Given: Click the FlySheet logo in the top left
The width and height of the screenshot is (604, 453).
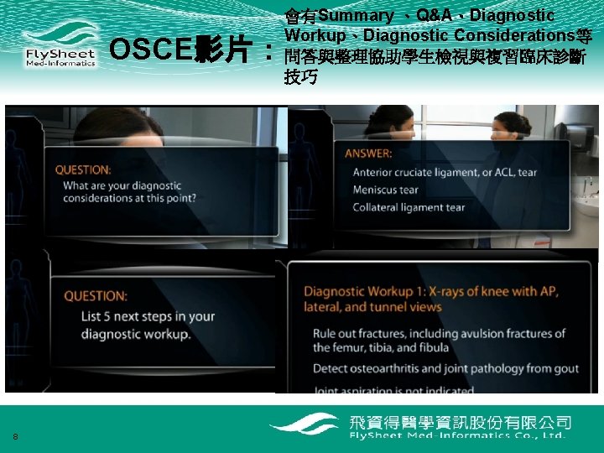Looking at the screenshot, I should click(x=59, y=47).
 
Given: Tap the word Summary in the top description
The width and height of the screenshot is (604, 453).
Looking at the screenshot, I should click(x=356, y=16).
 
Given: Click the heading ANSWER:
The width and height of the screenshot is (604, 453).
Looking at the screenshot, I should click(x=368, y=154).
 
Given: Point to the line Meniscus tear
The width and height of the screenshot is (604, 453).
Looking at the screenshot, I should click(x=385, y=190).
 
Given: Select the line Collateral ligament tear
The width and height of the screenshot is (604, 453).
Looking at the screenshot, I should click(x=408, y=207).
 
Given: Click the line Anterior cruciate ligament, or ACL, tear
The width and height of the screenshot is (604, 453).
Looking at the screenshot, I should click(x=445, y=172).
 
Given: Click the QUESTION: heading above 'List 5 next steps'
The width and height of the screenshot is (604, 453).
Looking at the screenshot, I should click(x=96, y=296).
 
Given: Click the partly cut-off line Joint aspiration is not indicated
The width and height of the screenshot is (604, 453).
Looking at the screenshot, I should click(x=393, y=389).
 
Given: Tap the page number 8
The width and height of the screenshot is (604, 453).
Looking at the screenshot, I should click(x=15, y=435).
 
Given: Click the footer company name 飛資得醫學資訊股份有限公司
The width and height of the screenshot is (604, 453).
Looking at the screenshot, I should click(x=460, y=421).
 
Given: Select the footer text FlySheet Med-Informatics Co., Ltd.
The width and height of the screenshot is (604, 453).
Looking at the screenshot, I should click(x=457, y=435).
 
